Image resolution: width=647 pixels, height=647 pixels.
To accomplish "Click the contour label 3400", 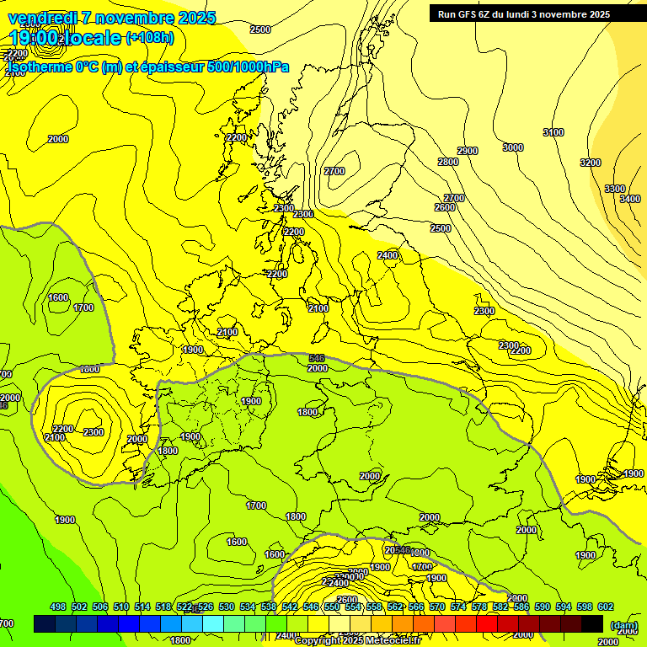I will (x=629, y=199).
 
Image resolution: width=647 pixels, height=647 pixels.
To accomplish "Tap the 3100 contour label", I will (x=553, y=132).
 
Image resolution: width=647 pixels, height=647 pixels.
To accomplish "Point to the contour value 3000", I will (x=512, y=147).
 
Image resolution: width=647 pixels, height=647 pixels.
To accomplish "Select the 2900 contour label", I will (x=468, y=151).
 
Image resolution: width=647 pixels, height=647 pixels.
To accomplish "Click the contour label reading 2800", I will (x=448, y=162).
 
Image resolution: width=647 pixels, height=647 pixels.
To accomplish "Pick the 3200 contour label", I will (x=591, y=163).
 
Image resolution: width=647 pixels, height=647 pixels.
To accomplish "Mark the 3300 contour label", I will (x=615, y=189).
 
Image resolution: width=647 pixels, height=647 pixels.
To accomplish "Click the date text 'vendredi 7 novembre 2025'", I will (x=112, y=19).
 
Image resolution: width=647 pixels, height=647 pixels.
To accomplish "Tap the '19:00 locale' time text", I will (x=66, y=38).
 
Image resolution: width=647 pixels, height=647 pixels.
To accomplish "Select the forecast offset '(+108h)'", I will (x=150, y=38).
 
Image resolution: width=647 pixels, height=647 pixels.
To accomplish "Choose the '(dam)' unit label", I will (x=623, y=625).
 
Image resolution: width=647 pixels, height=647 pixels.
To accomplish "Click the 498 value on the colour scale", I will (x=58, y=607).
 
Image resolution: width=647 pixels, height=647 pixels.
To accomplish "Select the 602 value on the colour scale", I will (x=605, y=607).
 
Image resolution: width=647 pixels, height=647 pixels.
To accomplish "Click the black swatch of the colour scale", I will (x=591, y=624).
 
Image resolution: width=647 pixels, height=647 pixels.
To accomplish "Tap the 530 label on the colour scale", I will (x=227, y=607).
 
